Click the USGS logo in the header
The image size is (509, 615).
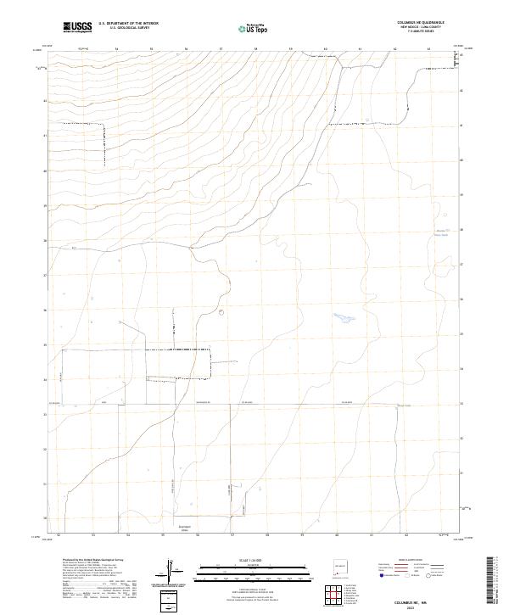[x=77, y=27]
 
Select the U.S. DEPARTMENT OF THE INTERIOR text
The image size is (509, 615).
[x=128, y=24]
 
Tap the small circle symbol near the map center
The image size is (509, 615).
[x=221, y=311]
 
